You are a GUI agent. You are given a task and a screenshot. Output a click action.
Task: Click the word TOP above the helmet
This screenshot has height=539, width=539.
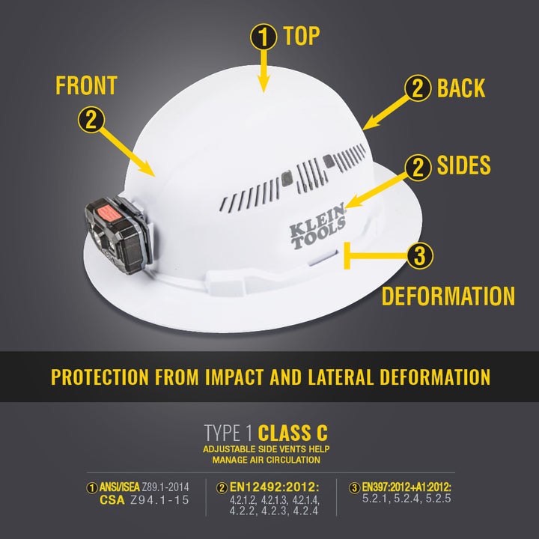(302, 36)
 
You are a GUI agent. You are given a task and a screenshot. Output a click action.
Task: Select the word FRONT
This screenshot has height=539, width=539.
(86, 85)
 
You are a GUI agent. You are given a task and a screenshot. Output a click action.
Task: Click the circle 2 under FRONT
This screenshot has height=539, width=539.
(91, 120)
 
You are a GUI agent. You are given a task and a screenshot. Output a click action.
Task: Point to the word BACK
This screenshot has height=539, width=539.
(461, 88)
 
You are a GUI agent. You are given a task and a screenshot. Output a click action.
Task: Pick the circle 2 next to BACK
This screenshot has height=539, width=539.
(418, 88)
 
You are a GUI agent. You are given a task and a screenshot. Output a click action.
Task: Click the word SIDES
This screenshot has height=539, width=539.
(464, 165)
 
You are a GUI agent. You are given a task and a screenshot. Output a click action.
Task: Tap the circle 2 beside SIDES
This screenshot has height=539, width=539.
(418, 167)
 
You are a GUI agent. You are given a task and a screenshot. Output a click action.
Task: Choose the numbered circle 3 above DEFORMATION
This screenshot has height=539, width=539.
(419, 256)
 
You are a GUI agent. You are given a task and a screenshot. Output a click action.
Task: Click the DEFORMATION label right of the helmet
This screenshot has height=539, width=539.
(448, 296)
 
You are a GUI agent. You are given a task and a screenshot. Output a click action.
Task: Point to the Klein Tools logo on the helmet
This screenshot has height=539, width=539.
(318, 225)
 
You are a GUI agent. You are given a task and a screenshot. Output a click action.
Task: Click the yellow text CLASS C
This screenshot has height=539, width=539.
(293, 433)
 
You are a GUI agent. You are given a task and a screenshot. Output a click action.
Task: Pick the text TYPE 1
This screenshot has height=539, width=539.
(229, 433)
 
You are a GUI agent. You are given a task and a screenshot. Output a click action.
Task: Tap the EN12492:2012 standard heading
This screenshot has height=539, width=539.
(273, 487)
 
